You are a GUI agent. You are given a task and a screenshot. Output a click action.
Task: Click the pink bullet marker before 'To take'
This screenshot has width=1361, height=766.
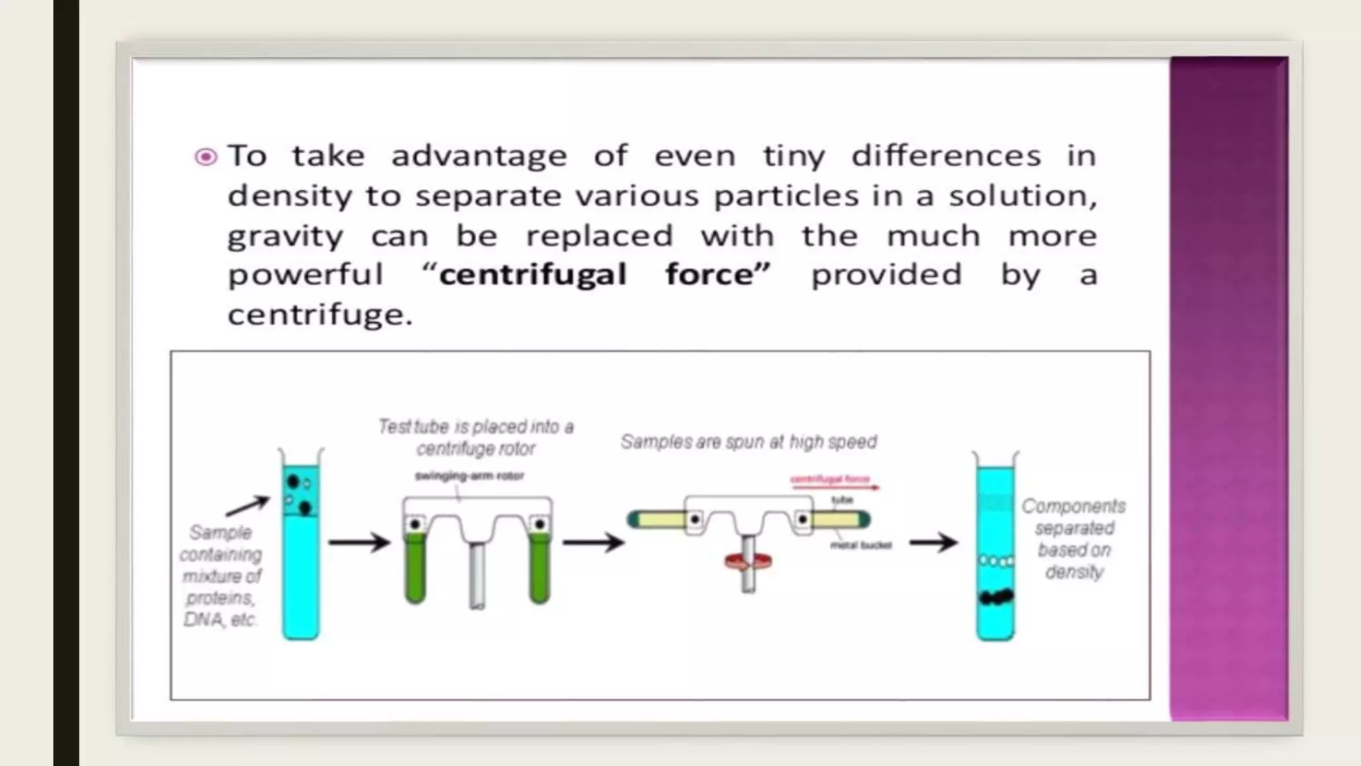(205, 157)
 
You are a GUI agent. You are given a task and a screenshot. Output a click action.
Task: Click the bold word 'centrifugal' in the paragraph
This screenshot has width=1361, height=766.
(533, 275)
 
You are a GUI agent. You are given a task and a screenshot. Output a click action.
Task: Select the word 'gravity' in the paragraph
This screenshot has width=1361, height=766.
(285, 237)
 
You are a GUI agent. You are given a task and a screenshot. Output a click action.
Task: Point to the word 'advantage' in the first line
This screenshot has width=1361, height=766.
(478, 156)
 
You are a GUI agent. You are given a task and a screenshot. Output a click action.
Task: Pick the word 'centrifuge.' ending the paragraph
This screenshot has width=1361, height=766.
(320, 315)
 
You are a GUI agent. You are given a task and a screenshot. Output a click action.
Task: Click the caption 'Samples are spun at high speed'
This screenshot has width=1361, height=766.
(748, 442)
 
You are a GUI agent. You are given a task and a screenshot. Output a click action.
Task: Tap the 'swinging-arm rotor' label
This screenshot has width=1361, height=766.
(469, 475)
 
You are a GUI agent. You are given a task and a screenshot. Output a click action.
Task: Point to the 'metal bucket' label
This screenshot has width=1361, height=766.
(861, 545)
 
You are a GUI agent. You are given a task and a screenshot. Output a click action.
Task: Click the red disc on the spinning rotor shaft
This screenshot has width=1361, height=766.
(748, 562)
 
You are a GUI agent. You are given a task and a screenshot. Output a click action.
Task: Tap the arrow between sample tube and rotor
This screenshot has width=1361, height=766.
(359, 543)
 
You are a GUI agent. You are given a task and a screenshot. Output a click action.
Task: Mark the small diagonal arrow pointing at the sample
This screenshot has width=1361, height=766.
(247, 506)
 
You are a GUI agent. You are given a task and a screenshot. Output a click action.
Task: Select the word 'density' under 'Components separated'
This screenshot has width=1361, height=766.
(1074, 572)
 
